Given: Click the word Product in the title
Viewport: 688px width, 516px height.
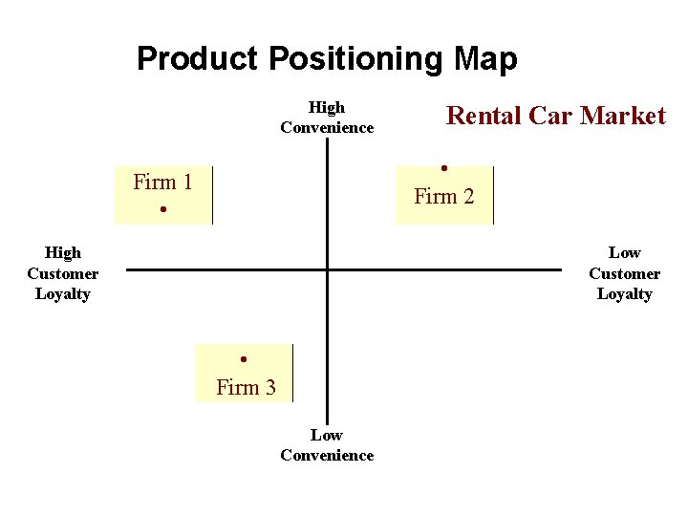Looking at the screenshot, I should pyautogui.click(x=198, y=59).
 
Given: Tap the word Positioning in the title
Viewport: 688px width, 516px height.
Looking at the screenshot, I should pyautogui.click(x=355, y=59).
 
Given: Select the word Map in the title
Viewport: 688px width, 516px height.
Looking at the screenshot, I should pyautogui.click(x=485, y=59).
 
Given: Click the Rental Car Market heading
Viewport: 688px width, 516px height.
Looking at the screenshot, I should pyautogui.click(x=556, y=116).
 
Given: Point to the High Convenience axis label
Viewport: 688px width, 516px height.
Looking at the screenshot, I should pyautogui.click(x=327, y=118).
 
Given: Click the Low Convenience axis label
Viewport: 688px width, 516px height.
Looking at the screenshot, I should pyautogui.click(x=327, y=445).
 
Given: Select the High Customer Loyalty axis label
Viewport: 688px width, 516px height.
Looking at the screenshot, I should pyautogui.click(x=63, y=273).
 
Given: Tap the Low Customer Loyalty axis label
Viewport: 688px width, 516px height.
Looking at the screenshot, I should pyautogui.click(x=624, y=273).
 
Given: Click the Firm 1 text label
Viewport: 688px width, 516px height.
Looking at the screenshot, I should pyautogui.click(x=162, y=182).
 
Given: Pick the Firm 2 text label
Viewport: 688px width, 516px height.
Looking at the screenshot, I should pyautogui.click(x=443, y=197).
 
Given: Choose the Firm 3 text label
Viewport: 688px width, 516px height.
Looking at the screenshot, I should pyautogui.click(x=246, y=387).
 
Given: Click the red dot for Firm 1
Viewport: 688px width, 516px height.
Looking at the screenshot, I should pyautogui.click(x=164, y=209).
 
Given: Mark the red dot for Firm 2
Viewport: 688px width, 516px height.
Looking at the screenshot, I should pyautogui.click(x=444, y=169).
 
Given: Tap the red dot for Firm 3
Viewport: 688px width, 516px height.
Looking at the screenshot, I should pyautogui.click(x=245, y=359).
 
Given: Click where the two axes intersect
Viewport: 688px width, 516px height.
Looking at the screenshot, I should pyautogui.click(x=327, y=269).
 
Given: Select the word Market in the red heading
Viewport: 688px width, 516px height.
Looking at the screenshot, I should pyautogui.click(x=623, y=116).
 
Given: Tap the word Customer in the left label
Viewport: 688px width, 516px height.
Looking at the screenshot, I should pyautogui.click(x=63, y=273).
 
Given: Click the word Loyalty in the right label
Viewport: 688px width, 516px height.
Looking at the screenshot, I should pyautogui.click(x=624, y=294).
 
